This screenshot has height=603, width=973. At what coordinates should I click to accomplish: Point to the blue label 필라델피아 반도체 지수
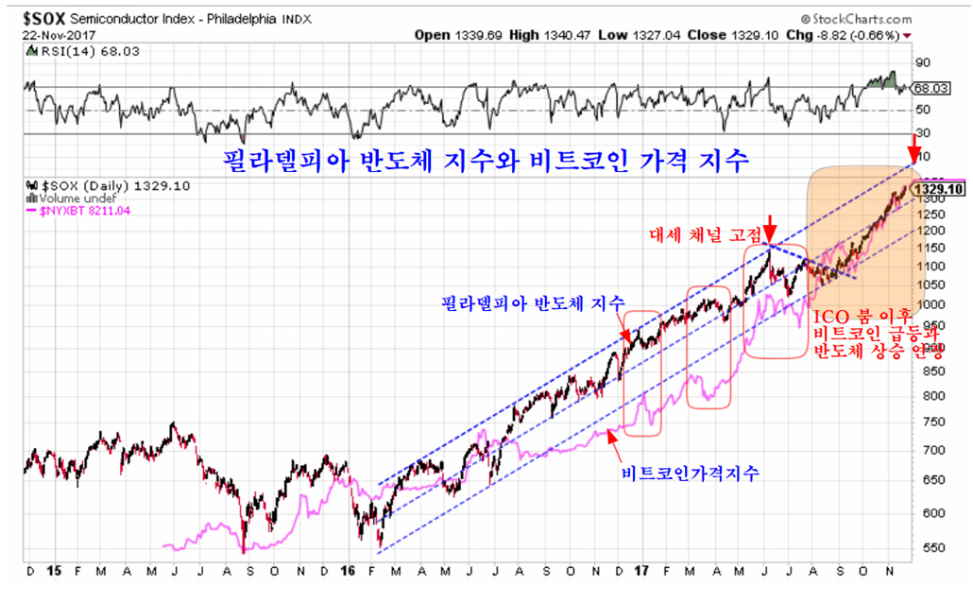(533, 303)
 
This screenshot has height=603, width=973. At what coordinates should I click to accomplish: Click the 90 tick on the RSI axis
(923, 63)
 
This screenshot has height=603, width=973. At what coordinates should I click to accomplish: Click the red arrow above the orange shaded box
(913, 148)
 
